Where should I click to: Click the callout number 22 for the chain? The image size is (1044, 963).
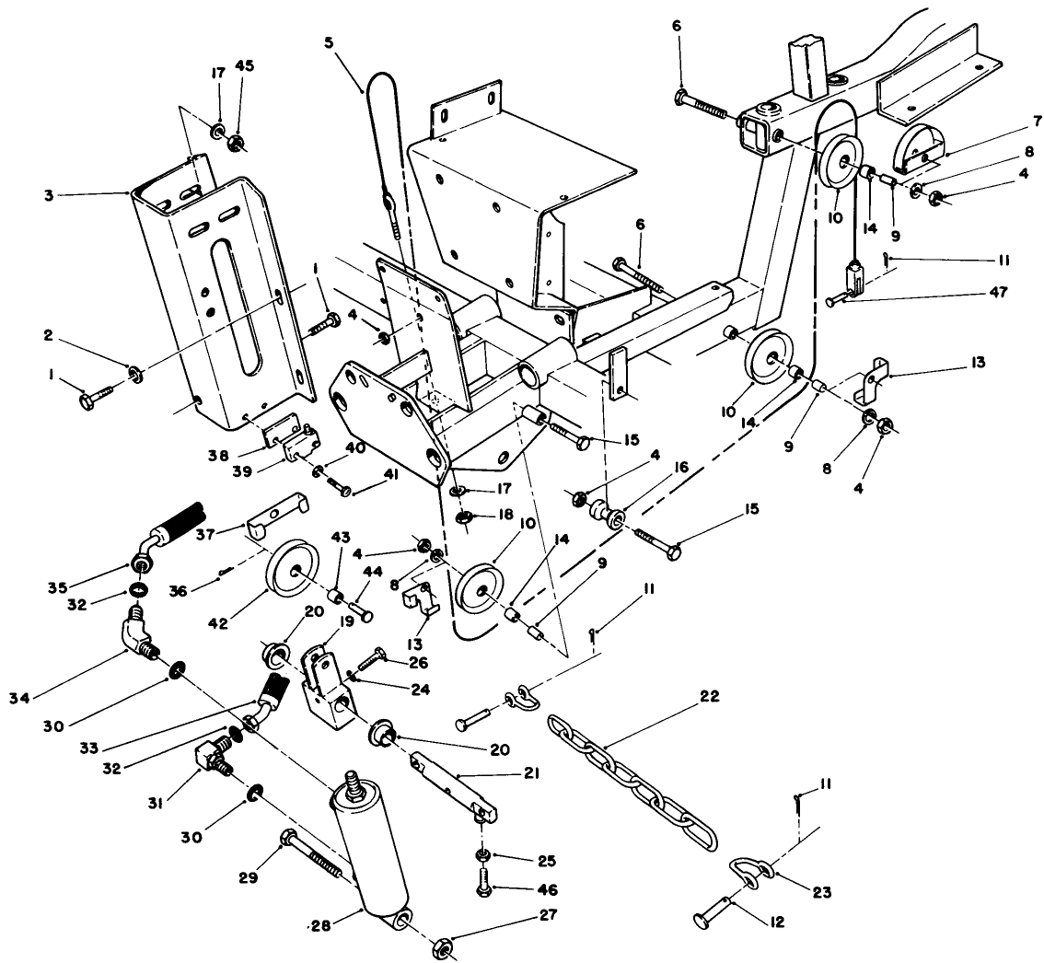683,696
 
